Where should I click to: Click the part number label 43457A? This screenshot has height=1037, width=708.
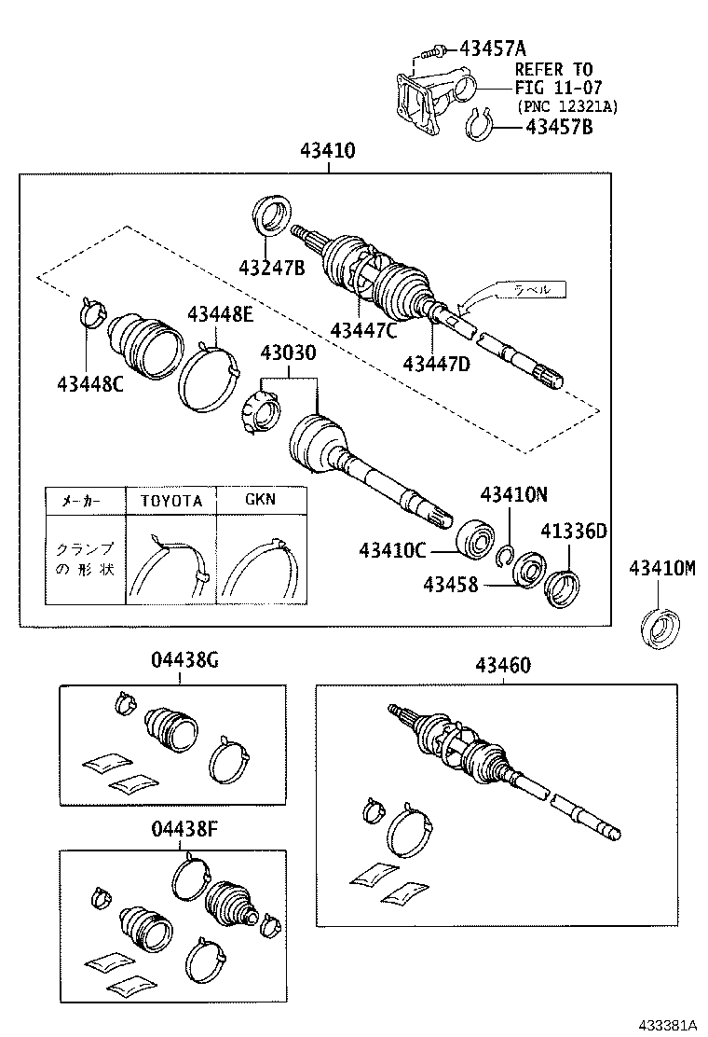[x=487, y=47]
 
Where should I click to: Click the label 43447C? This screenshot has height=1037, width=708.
[x=362, y=329]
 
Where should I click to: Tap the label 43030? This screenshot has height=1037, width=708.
[x=288, y=354]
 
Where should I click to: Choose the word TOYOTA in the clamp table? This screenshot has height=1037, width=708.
[x=171, y=500]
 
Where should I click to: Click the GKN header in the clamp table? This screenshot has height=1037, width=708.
[x=260, y=499]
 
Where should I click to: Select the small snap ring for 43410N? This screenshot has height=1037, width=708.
[x=506, y=557]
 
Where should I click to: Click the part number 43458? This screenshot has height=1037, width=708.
[x=450, y=585]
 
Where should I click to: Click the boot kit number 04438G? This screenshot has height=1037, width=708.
[x=184, y=661]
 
